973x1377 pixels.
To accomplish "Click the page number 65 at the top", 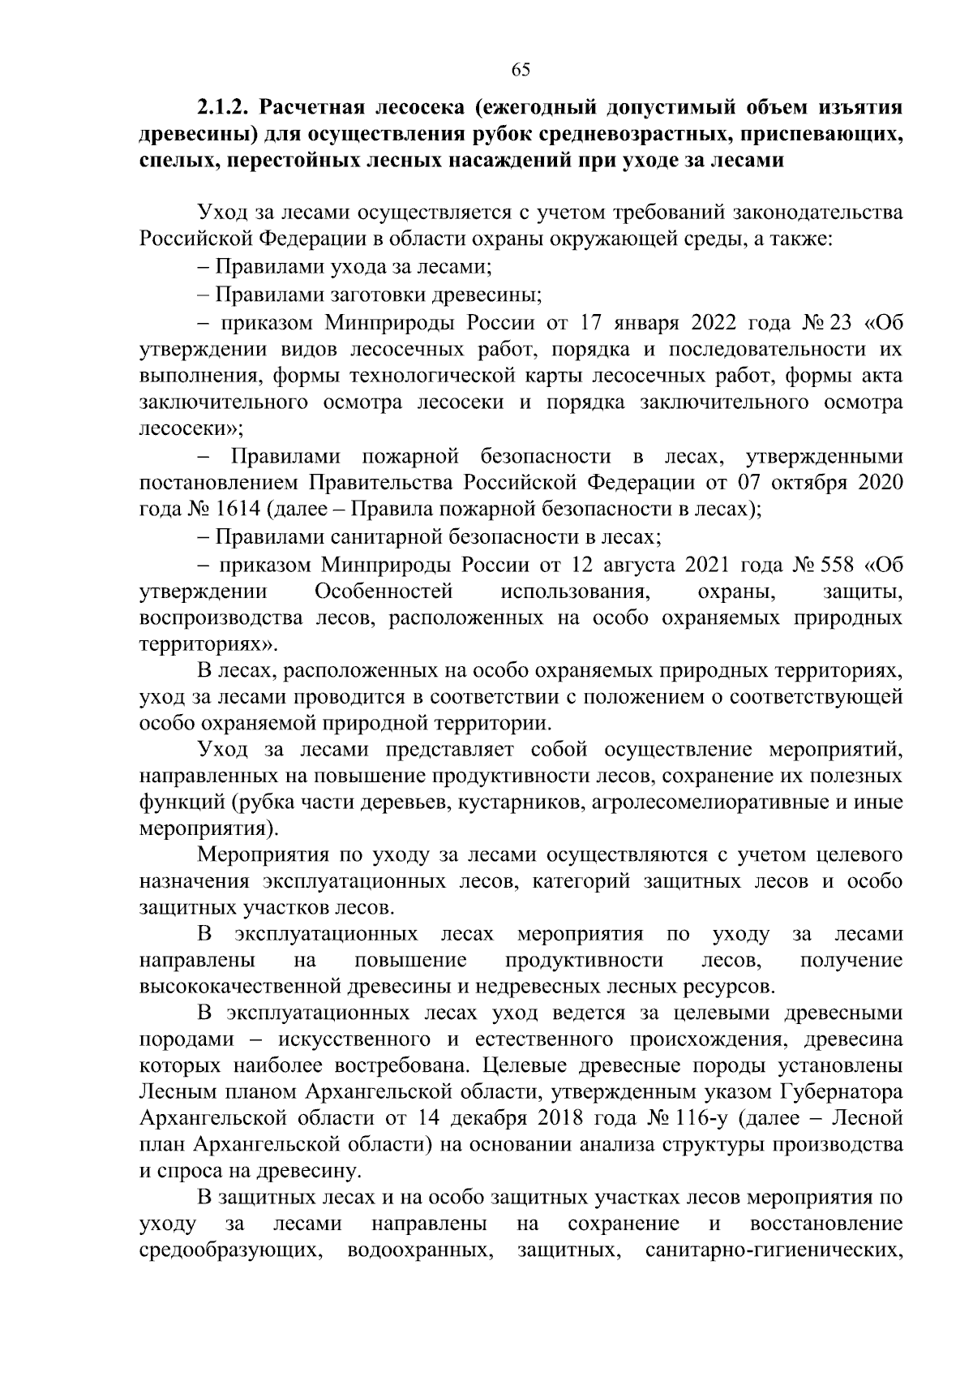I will coord(521,70).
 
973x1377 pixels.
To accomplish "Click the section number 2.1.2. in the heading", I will coord(225,108).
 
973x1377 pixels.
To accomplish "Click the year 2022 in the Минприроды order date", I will coord(717,323).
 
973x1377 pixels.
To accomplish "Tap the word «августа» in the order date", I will coord(640,564).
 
